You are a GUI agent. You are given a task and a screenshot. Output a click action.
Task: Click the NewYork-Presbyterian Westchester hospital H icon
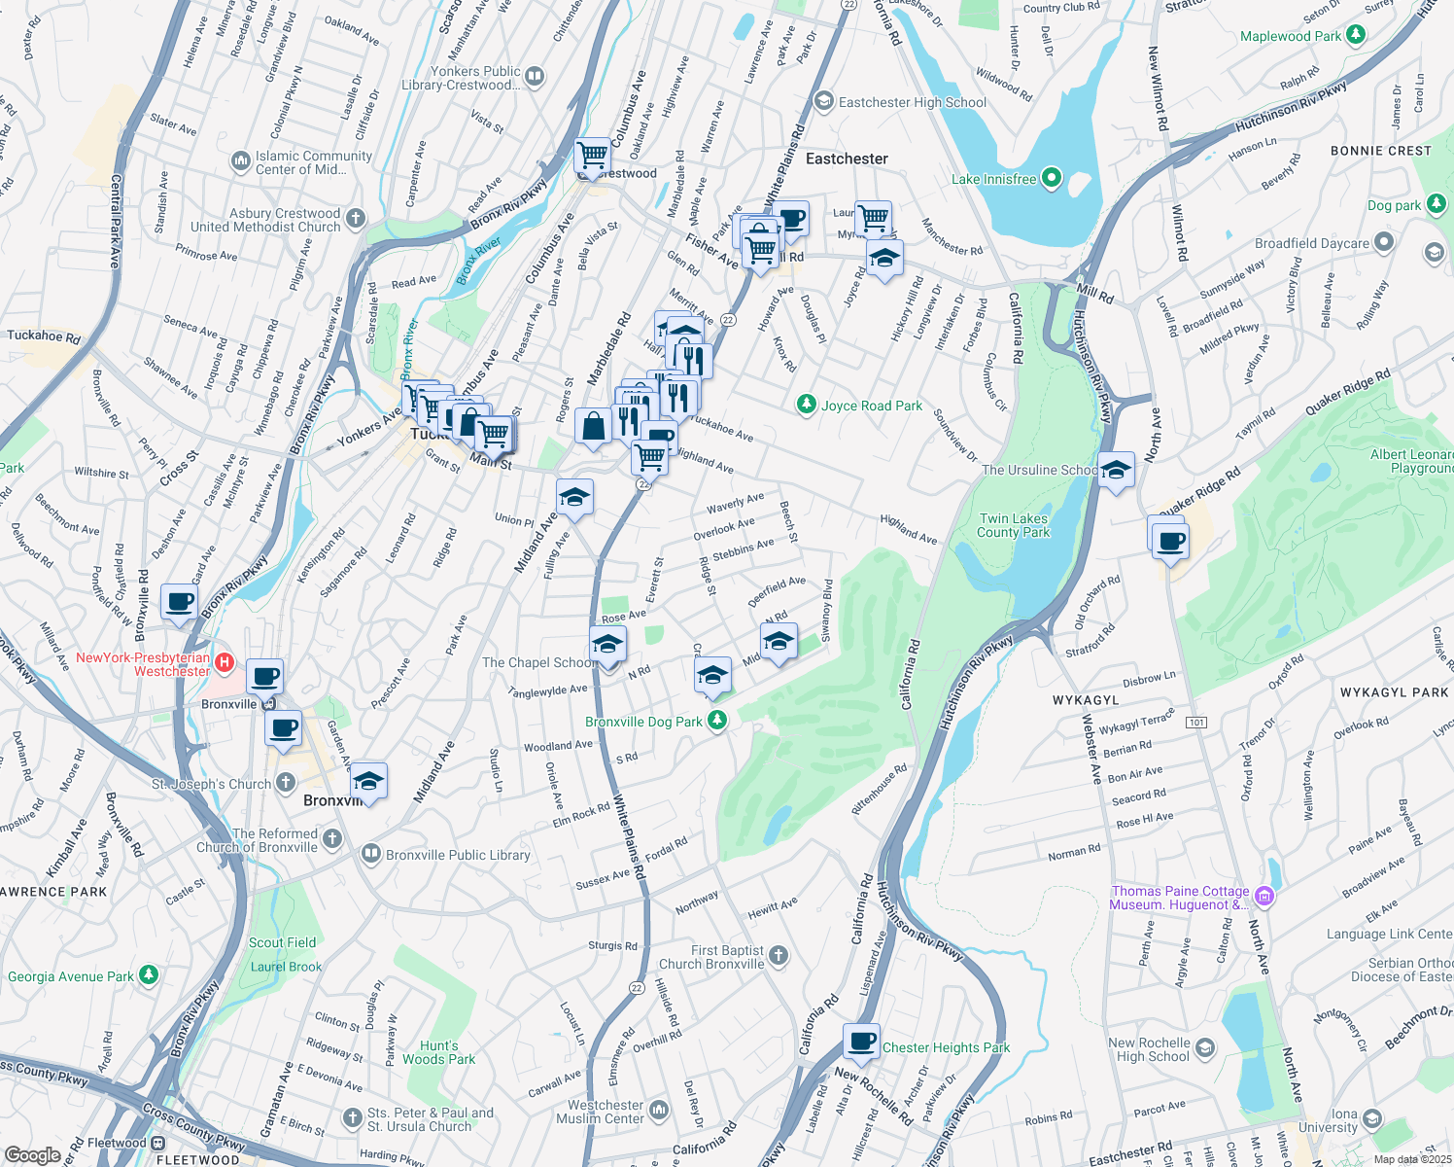click(225, 663)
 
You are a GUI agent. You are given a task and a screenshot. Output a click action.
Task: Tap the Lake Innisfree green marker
click(1051, 179)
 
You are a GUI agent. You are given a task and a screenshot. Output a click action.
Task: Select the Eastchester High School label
click(912, 102)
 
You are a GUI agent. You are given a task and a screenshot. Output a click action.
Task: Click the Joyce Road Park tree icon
click(806, 405)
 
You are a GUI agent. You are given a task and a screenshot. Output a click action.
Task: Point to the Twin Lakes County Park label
click(1013, 525)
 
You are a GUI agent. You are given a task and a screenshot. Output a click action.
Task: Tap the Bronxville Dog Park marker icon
click(717, 721)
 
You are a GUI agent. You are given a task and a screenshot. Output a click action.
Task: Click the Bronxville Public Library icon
click(370, 854)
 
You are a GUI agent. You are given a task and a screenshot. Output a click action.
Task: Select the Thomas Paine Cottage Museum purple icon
click(1264, 896)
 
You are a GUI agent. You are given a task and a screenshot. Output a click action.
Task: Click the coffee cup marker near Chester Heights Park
click(861, 1041)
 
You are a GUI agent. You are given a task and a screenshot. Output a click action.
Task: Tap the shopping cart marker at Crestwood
click(592, 155)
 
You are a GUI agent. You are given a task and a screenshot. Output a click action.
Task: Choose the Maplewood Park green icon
click(1356, 35)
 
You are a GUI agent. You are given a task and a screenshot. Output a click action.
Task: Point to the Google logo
click(33, 1154)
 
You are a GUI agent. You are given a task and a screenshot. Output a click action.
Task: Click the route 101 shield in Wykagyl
click(1196, 722)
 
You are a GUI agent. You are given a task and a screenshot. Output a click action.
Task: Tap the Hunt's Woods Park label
click(439, 1052)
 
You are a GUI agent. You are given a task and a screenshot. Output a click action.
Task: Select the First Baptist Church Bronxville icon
click(779, 956)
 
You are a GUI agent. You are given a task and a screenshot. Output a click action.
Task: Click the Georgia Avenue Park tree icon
click(148, 974)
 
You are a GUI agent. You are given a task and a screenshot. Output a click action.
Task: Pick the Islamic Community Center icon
click(240, 160)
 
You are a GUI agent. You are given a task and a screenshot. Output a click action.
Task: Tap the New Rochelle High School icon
click(1205, 1047)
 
